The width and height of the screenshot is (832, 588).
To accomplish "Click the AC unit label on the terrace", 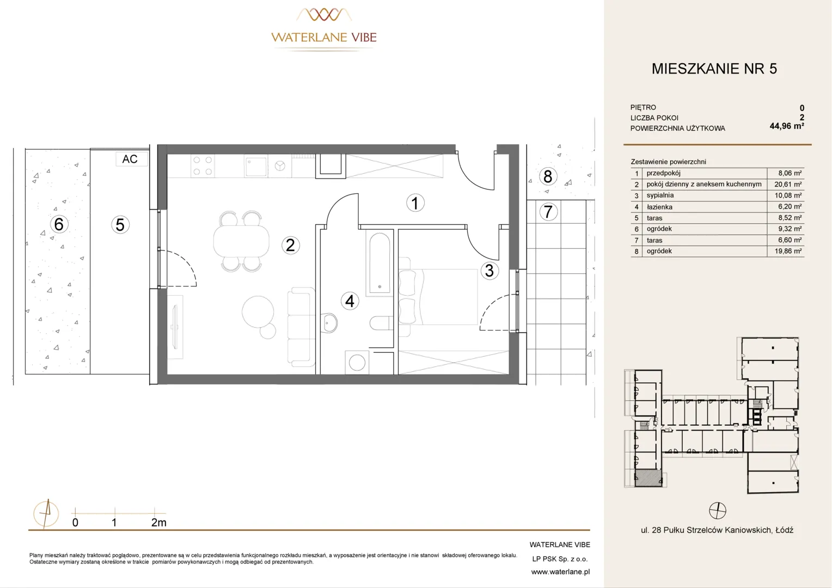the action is coord(130,159).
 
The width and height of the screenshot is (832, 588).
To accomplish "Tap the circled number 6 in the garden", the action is coord(59,224).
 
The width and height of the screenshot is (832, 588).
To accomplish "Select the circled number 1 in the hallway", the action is coord(415,203).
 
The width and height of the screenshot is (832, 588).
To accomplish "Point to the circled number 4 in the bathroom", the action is coord(350,301).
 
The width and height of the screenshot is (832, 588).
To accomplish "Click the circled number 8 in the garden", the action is coord(547,176).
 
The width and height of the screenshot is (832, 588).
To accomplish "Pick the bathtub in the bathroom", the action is coord(380,262).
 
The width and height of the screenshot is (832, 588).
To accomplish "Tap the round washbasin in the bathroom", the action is coord(329,323).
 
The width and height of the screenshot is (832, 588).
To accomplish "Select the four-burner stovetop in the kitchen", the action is coord(203,166).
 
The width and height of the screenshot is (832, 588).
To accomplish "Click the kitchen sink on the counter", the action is coord(255,166).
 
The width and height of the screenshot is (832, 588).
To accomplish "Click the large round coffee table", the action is coord(258,311).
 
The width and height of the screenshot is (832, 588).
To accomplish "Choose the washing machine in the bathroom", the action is coord(357,363).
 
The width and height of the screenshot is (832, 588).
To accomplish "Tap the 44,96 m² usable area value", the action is coord(787,126).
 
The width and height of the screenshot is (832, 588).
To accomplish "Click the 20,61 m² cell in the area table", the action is coord(788,184).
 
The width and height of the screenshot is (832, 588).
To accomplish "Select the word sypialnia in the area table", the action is coord(660,195).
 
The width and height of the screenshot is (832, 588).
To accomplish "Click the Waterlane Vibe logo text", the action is coord(324,37).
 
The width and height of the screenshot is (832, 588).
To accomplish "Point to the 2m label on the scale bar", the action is coord(158,523).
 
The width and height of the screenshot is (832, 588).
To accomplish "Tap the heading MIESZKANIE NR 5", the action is coord(714,69).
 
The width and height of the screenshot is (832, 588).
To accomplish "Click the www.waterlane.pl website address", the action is coord(560,572).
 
